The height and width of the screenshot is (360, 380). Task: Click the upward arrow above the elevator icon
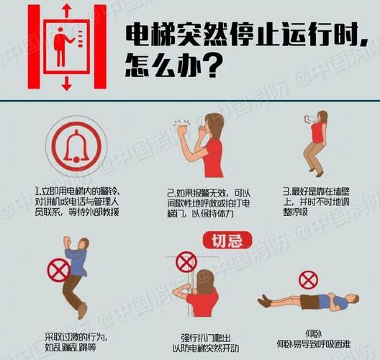pos(66,10)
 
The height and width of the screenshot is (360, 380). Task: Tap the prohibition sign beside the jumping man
pos(57,271)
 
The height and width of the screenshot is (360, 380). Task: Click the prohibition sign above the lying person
pos(309,279)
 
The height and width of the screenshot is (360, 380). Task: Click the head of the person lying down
pos(354,300)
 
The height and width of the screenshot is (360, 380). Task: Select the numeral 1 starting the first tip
pos(37,192)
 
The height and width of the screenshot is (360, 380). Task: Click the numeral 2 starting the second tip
pos(170,192)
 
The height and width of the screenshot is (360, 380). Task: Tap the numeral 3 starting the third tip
pos(285,192)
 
